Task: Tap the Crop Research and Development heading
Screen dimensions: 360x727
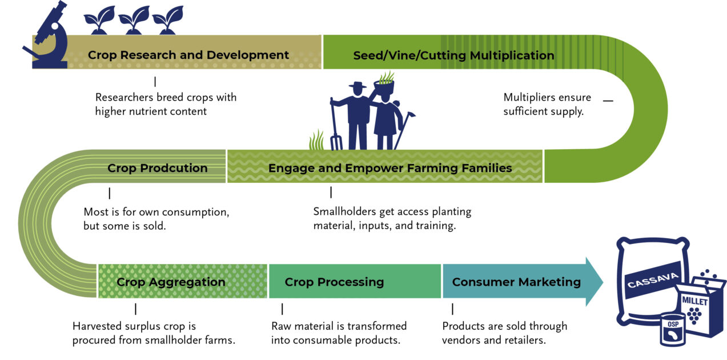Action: coord(188,55)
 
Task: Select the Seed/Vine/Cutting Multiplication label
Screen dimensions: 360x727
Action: coord(453,55)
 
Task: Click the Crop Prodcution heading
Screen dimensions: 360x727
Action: coord(158,168)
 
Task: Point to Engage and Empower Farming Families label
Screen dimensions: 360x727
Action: coord(390,168)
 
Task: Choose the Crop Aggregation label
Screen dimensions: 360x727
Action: coord(171,282)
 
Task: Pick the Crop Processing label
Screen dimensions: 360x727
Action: coord(334,282)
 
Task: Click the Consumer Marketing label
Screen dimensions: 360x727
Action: coord(516,282)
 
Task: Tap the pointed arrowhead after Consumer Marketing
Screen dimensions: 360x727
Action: coord(594,282)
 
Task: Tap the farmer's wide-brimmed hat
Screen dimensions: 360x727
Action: coord(358,86)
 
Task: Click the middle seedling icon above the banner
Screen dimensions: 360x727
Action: coord(134,21)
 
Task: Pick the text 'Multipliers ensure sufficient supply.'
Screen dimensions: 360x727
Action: coord(547,104)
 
